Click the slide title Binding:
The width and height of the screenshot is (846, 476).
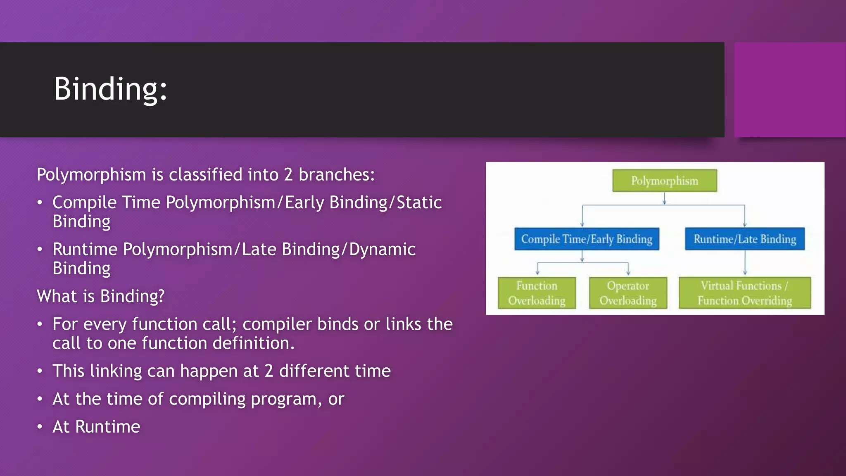point(110,89)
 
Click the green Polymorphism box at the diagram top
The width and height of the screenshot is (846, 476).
point(664,181)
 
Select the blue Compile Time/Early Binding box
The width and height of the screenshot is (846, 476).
point(587,239)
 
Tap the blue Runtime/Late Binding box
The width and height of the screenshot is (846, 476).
point(744,239)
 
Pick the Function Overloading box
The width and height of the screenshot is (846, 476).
point(537,293)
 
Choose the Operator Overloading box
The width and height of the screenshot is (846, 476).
point(628,293)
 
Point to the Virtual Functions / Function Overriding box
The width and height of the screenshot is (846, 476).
point(744,293)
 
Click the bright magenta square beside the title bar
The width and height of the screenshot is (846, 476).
point(790,90)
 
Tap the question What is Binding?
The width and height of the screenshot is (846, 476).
point(100,296)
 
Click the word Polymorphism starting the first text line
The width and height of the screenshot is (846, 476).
point(91,175)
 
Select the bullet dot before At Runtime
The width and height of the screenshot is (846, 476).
point(40,427)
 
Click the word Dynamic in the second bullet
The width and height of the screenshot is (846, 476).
point(382,250)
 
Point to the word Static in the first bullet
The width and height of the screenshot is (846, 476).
point(419,202)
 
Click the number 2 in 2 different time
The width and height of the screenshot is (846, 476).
point(269,371)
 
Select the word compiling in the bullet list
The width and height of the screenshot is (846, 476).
point(207,399)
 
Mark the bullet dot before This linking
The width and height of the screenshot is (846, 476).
point(40,371)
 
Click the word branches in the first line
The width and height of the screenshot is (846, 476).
point(336,175)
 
